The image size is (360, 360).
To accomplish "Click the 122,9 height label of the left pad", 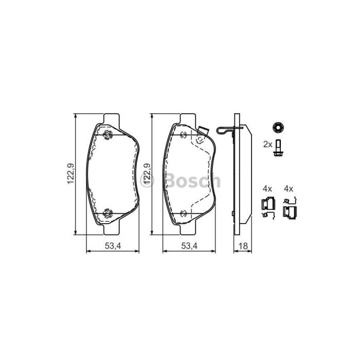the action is click(70, 174).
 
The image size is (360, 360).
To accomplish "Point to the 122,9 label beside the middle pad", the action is click(147, 174).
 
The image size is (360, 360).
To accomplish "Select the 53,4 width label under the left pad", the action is click(113, 246).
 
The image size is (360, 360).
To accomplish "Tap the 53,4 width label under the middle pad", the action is click(189, 246).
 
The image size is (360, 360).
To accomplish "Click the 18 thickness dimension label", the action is click(243, 246).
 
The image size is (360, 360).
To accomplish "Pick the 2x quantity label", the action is click(268, 145).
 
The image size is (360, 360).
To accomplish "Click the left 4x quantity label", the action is click(267, 189).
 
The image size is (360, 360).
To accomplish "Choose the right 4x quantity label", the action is click(289, 189).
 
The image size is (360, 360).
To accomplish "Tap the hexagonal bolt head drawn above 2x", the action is click(278, 127).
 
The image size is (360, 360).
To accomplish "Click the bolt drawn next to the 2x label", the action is click(278, 149).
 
